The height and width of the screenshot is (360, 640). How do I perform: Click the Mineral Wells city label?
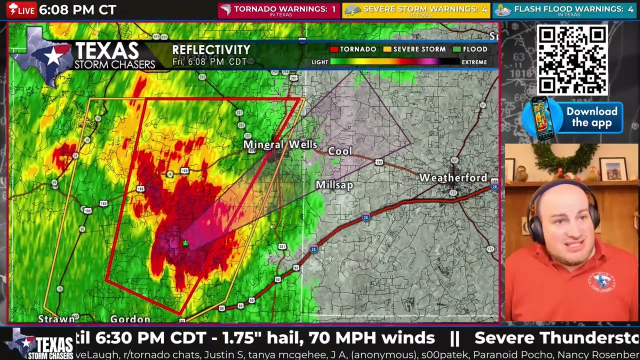tap(280, 144)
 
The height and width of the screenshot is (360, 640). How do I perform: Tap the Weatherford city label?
tap(453, 177)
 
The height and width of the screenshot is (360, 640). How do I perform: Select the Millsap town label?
tap(334, 185)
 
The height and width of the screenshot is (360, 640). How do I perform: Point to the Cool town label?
tap(340, 151)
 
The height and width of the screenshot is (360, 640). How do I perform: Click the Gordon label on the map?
tap(130, 319)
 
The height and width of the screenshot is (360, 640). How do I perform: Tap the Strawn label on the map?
tap(56, 318)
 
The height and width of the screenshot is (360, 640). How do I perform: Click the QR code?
tap(572, 60)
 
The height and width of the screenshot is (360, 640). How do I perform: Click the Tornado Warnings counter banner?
tap(278, 10)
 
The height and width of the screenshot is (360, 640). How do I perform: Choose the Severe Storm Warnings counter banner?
tap(416, 10)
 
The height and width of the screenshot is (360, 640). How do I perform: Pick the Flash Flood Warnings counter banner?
tap(565, 10)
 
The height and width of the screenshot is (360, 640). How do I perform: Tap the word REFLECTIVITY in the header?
tap(211, 50)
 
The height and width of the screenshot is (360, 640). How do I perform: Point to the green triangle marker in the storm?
tap(185, 243)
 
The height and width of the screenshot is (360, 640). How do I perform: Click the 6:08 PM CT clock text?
tap(77, 10)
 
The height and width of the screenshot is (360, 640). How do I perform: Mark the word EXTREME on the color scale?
tap(474, 62)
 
